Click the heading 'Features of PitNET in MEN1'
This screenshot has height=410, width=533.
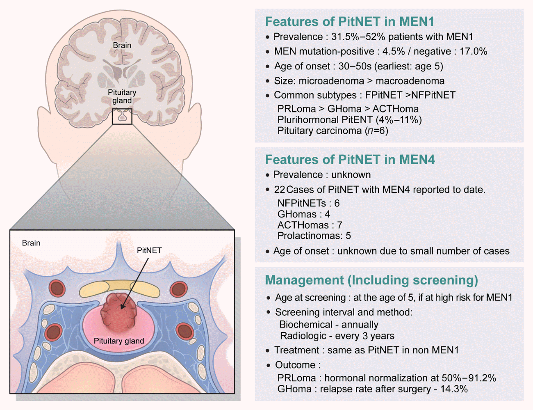tap(349, 22)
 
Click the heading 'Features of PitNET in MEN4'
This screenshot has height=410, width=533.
tap(350, 160)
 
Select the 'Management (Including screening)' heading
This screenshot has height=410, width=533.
tap(371, 280)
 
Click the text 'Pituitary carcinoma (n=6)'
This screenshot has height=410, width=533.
tap(333, 131)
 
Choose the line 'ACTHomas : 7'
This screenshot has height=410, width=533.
tap(310, 225)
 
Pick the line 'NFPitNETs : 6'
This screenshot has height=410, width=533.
tap(308, 203)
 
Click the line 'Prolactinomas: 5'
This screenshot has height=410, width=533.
tap(314, 236)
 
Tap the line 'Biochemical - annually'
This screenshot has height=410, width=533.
tap(329, 325)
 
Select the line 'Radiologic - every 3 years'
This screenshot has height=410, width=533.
tap(337, 336)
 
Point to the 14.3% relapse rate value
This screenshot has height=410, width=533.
tap(454, 389)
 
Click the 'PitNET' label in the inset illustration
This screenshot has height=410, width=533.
tap(149, 250)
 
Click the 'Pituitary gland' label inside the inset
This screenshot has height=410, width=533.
tap(119, 341)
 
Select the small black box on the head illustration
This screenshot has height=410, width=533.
tap(122, 117)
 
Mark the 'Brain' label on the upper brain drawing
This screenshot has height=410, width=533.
tap(122, 46)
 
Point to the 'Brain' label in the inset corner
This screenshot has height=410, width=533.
tap(31, 243)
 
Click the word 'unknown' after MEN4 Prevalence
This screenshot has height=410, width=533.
tap(351, 175)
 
